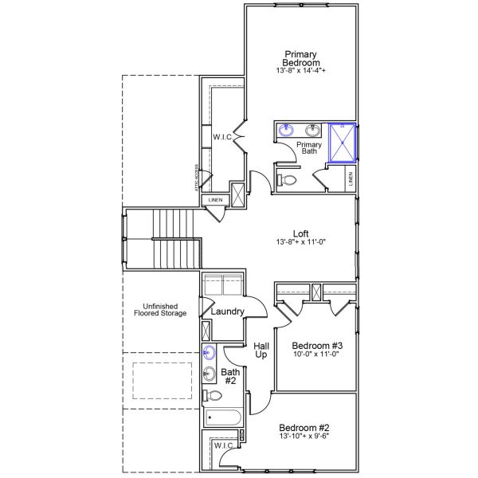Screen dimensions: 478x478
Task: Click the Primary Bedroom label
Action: pos(302,58)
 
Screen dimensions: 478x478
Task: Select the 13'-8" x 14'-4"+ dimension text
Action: pos(302,72)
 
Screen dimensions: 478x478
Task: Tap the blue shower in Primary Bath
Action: pos(342,142)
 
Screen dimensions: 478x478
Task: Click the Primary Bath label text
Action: pos(309,149)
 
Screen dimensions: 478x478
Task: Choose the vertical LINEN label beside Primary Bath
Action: pos(351,179)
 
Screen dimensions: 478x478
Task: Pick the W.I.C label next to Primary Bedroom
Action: pos(221,137)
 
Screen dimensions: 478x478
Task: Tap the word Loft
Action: pos(301,233)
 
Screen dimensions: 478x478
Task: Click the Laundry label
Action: pos(228,311)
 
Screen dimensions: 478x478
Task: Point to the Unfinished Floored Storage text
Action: pos(159,310)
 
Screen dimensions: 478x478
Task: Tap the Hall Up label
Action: pos(261,351)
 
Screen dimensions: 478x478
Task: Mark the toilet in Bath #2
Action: pos(213,396)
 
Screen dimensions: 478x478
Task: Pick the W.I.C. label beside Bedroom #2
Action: pos(224,445)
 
